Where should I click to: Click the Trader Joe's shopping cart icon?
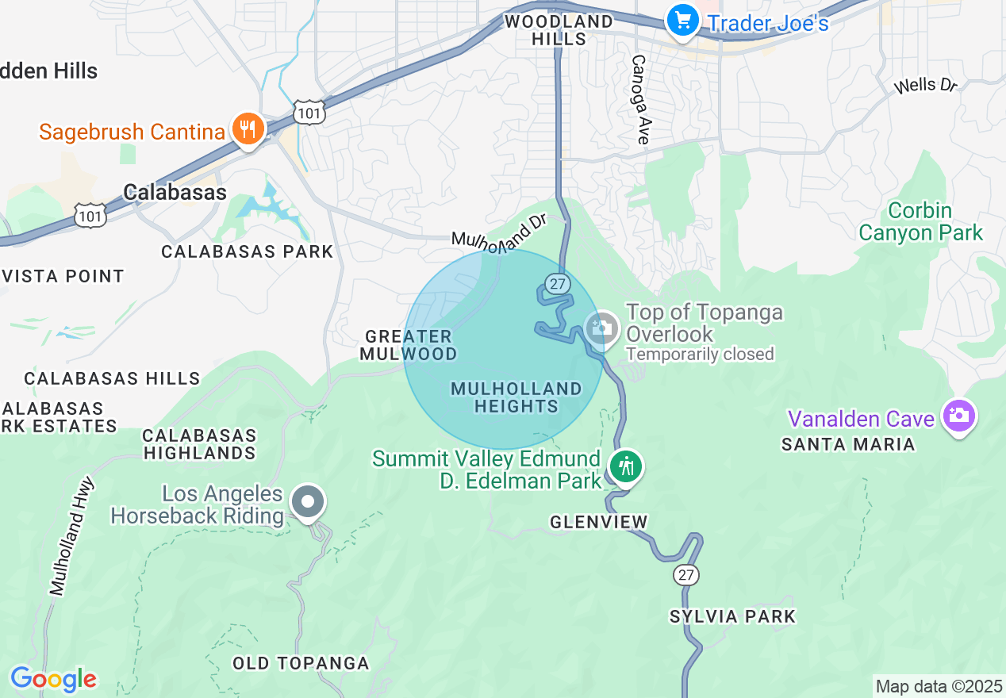click(x=682, y=20)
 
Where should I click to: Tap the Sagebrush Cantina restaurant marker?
click(x=248, y=128)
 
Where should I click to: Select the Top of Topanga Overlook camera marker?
click(x=602, y=328)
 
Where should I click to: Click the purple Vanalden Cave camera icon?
click(x=958, y=415)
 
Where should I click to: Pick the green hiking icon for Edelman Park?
click(x=627, y=466)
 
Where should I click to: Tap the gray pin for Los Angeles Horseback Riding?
click(x=308, y=502)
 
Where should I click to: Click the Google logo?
click(x=53, y=679)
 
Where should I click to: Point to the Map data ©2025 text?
click(x=939, y=685)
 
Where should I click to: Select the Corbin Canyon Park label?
click(x=920, y=222)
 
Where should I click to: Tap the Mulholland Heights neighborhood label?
click(x=516, y=397)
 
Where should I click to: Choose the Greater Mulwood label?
click(x=409, y=345)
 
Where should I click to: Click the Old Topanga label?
click(x=301, y=663)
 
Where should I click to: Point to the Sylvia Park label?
click(x=732, y=616)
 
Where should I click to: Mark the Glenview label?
click(x=599, y=522)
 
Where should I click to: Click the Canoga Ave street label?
click(x=640, y=99)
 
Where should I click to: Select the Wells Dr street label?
click(x=926, y=85)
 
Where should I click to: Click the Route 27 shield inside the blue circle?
click(x=555, y=282)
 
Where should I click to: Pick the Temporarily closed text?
click(x=700, y=354)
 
